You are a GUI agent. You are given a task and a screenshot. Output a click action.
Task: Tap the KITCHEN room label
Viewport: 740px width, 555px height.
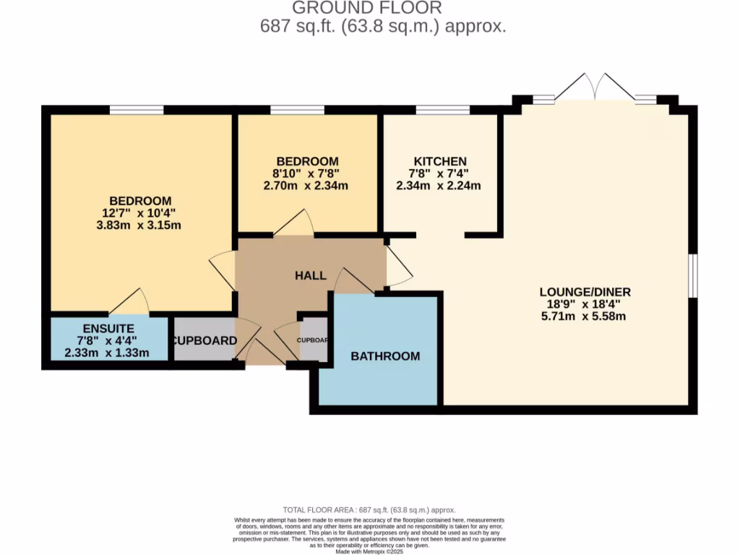[439, 161]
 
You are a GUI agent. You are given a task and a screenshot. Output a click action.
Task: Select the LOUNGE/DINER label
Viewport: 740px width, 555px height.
[585, 292]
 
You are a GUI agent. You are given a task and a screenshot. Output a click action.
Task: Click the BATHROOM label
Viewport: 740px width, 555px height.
[384, 356]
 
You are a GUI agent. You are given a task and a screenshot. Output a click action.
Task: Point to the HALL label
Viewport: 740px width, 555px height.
[311, 275]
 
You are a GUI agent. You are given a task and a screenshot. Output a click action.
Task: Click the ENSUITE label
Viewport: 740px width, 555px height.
[98, 328]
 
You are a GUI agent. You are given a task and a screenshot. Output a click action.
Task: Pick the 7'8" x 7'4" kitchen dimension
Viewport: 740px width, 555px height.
[439, 173]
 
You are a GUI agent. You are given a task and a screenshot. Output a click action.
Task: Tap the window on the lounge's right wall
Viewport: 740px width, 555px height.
[692, 275]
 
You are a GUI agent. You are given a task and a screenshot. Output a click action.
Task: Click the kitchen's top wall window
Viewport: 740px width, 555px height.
[443, 110]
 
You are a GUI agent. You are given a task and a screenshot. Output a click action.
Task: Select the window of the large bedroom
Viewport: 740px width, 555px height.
[137, 110]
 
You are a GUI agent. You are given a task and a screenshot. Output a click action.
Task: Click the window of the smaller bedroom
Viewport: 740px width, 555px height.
[297, 110]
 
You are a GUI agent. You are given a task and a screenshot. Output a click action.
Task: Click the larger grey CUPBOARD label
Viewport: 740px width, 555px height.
[204, 340]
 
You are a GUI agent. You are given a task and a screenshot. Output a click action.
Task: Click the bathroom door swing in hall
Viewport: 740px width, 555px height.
[353, 280]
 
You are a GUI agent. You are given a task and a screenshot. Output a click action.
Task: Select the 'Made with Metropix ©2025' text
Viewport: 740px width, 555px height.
[369, 551]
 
